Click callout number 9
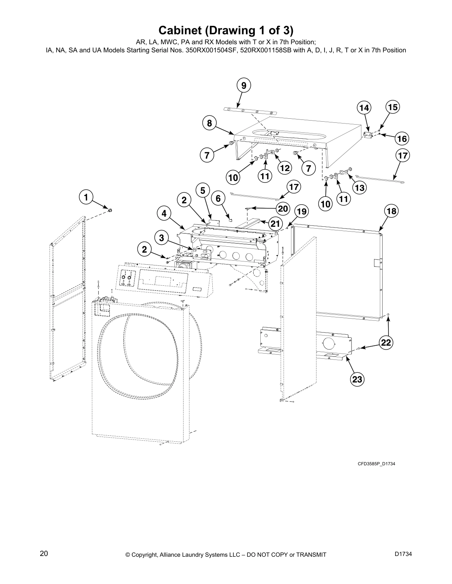click(243, 86)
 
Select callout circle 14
click(364, 108)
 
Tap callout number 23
click(357, 379)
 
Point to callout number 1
click(86, 197)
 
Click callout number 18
click(391, 211)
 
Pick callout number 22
click(386, 343)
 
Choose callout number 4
click(164, 213)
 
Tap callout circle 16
click(402, 139)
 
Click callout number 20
click(283, 209)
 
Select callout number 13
click(359, 188)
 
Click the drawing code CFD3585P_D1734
click(376, 463)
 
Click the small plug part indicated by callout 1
click(110, 210)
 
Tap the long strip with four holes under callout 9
click(251, 111)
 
